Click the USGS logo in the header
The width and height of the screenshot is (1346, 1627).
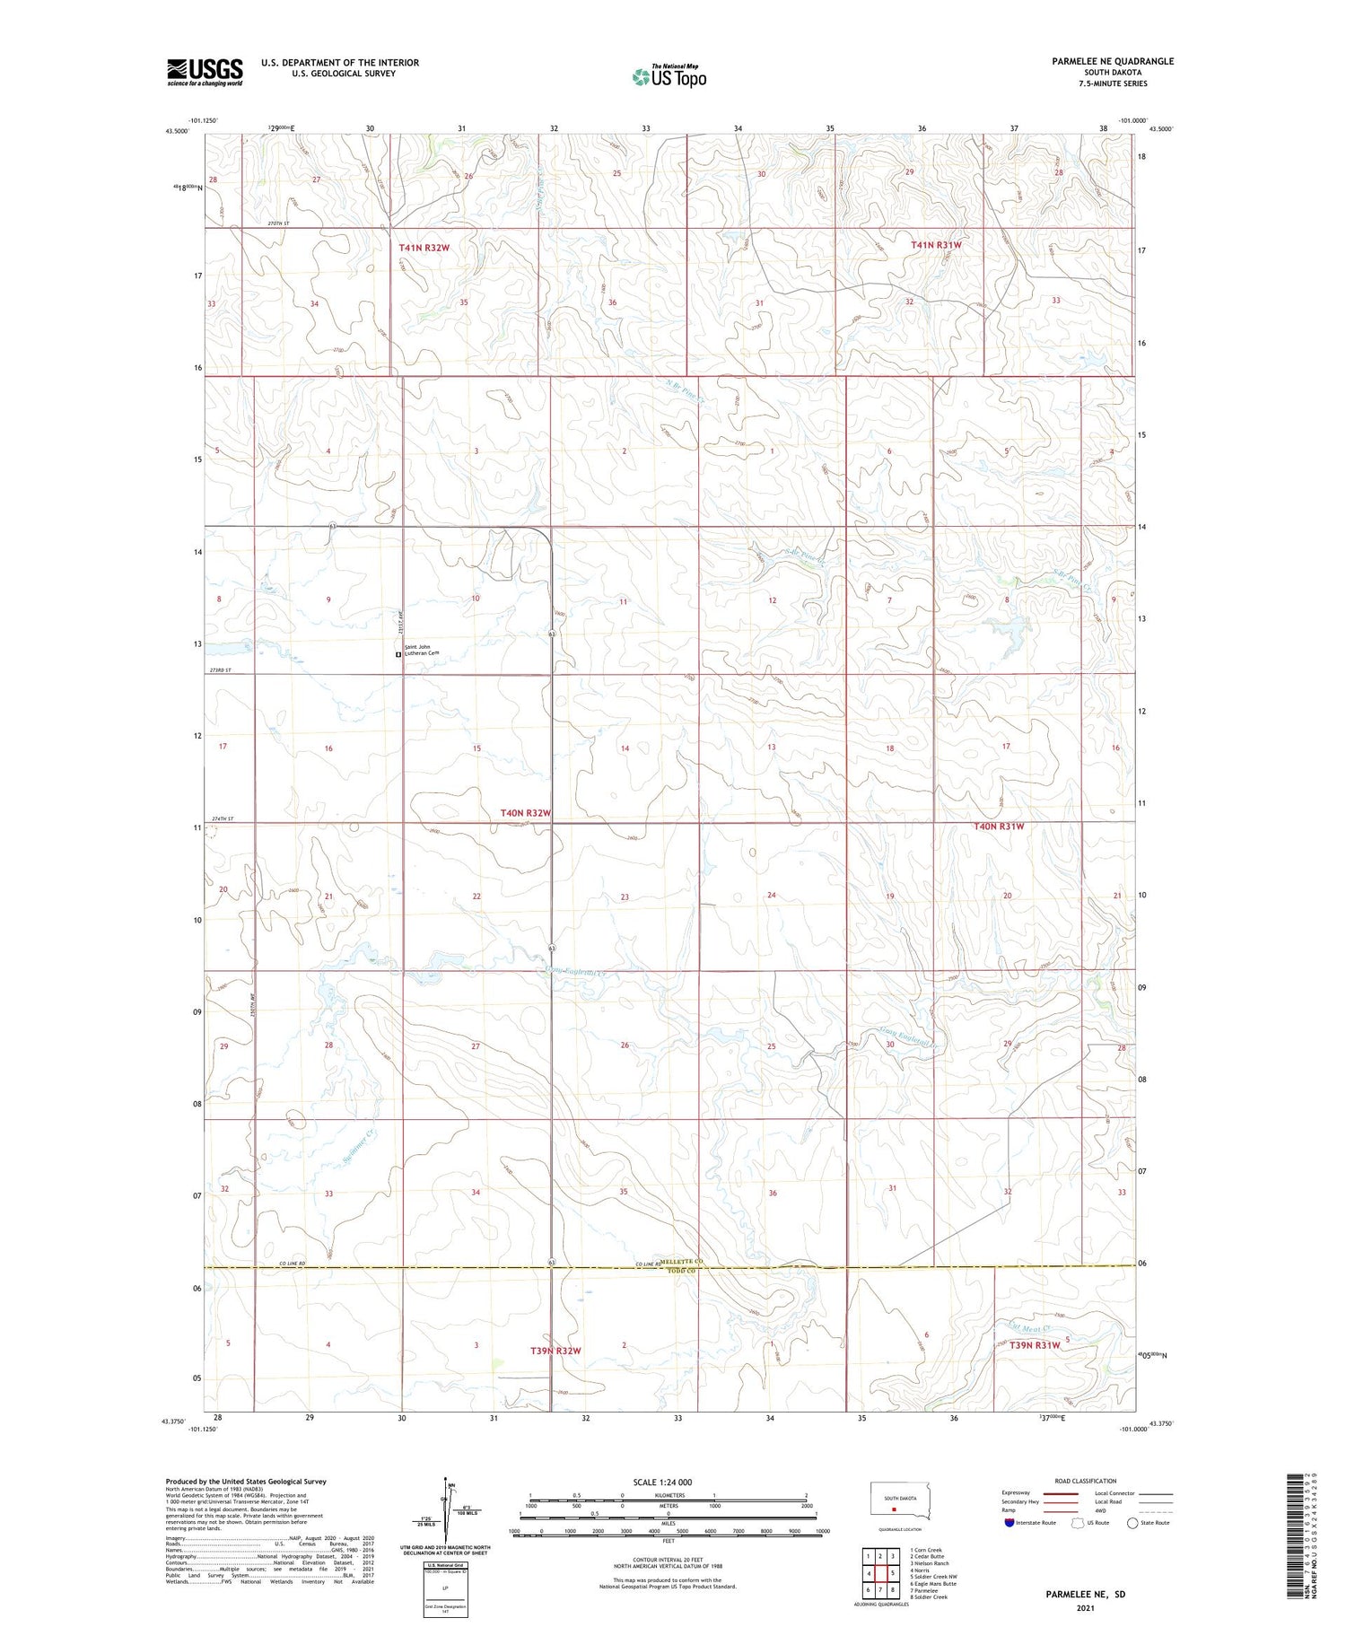pos(205,72)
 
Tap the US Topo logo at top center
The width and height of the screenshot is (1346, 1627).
pos(669,76)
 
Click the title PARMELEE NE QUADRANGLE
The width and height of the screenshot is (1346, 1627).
pos(1113,61)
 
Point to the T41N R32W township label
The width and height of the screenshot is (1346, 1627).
pos(424,247)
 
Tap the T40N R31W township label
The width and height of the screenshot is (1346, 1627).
pos(999,827)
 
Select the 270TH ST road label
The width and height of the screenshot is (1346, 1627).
pos(279,223)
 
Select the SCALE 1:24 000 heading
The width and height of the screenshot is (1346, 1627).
pos(668,1482)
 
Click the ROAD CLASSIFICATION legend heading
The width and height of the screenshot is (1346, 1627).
pos(1085,1481)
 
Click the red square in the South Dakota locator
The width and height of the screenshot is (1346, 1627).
pos(894,1509)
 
